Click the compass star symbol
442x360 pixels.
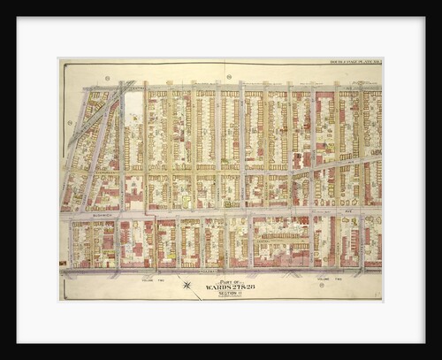(186, 284)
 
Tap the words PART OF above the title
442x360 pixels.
(223, 280)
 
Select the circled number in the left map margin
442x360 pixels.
(69, 123)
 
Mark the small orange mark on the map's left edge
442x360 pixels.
(62, 263)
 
